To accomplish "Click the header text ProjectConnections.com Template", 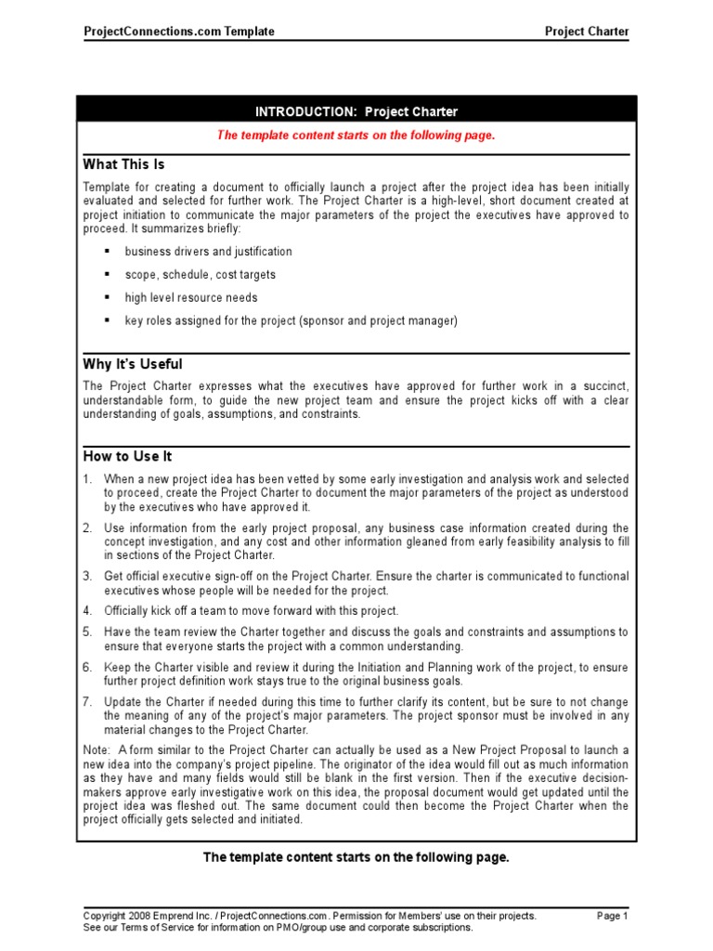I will pyautogui.click(x=179, y=32).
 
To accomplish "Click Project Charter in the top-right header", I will pyautogui.click(x=586, y=32).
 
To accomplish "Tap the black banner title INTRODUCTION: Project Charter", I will pyautogui.click(x=356, y=111).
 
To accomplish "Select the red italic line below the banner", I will pyautogui.click(x=356, y=136).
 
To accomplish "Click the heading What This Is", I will pyautogui.click(x=123, y=164).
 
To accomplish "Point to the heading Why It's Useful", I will pyautogui.click(x=133, y=364).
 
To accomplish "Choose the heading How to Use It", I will pyautogui.click(x=127, y=457).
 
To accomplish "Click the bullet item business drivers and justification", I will pyautogui.click(x=208, y=252).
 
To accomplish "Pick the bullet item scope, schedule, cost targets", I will pyautogui.click(x=200, y=275).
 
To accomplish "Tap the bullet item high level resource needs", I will pyautogui.click(x=191, y=298).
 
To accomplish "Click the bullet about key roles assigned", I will pyautogui.click(x=291, y=321).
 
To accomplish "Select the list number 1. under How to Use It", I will pyautogui.click(x=88, y=479).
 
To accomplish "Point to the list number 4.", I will pyautogui.click(x=88, y=611).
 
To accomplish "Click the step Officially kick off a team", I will pyautogui.click(x=251, y=611).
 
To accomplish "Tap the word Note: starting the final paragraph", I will pyautogui.click(x=97, y=750).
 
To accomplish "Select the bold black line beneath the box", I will pyautogui.click(x=356, y=857).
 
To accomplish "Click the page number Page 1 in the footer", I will pyautogui.click(x=612, y=916).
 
